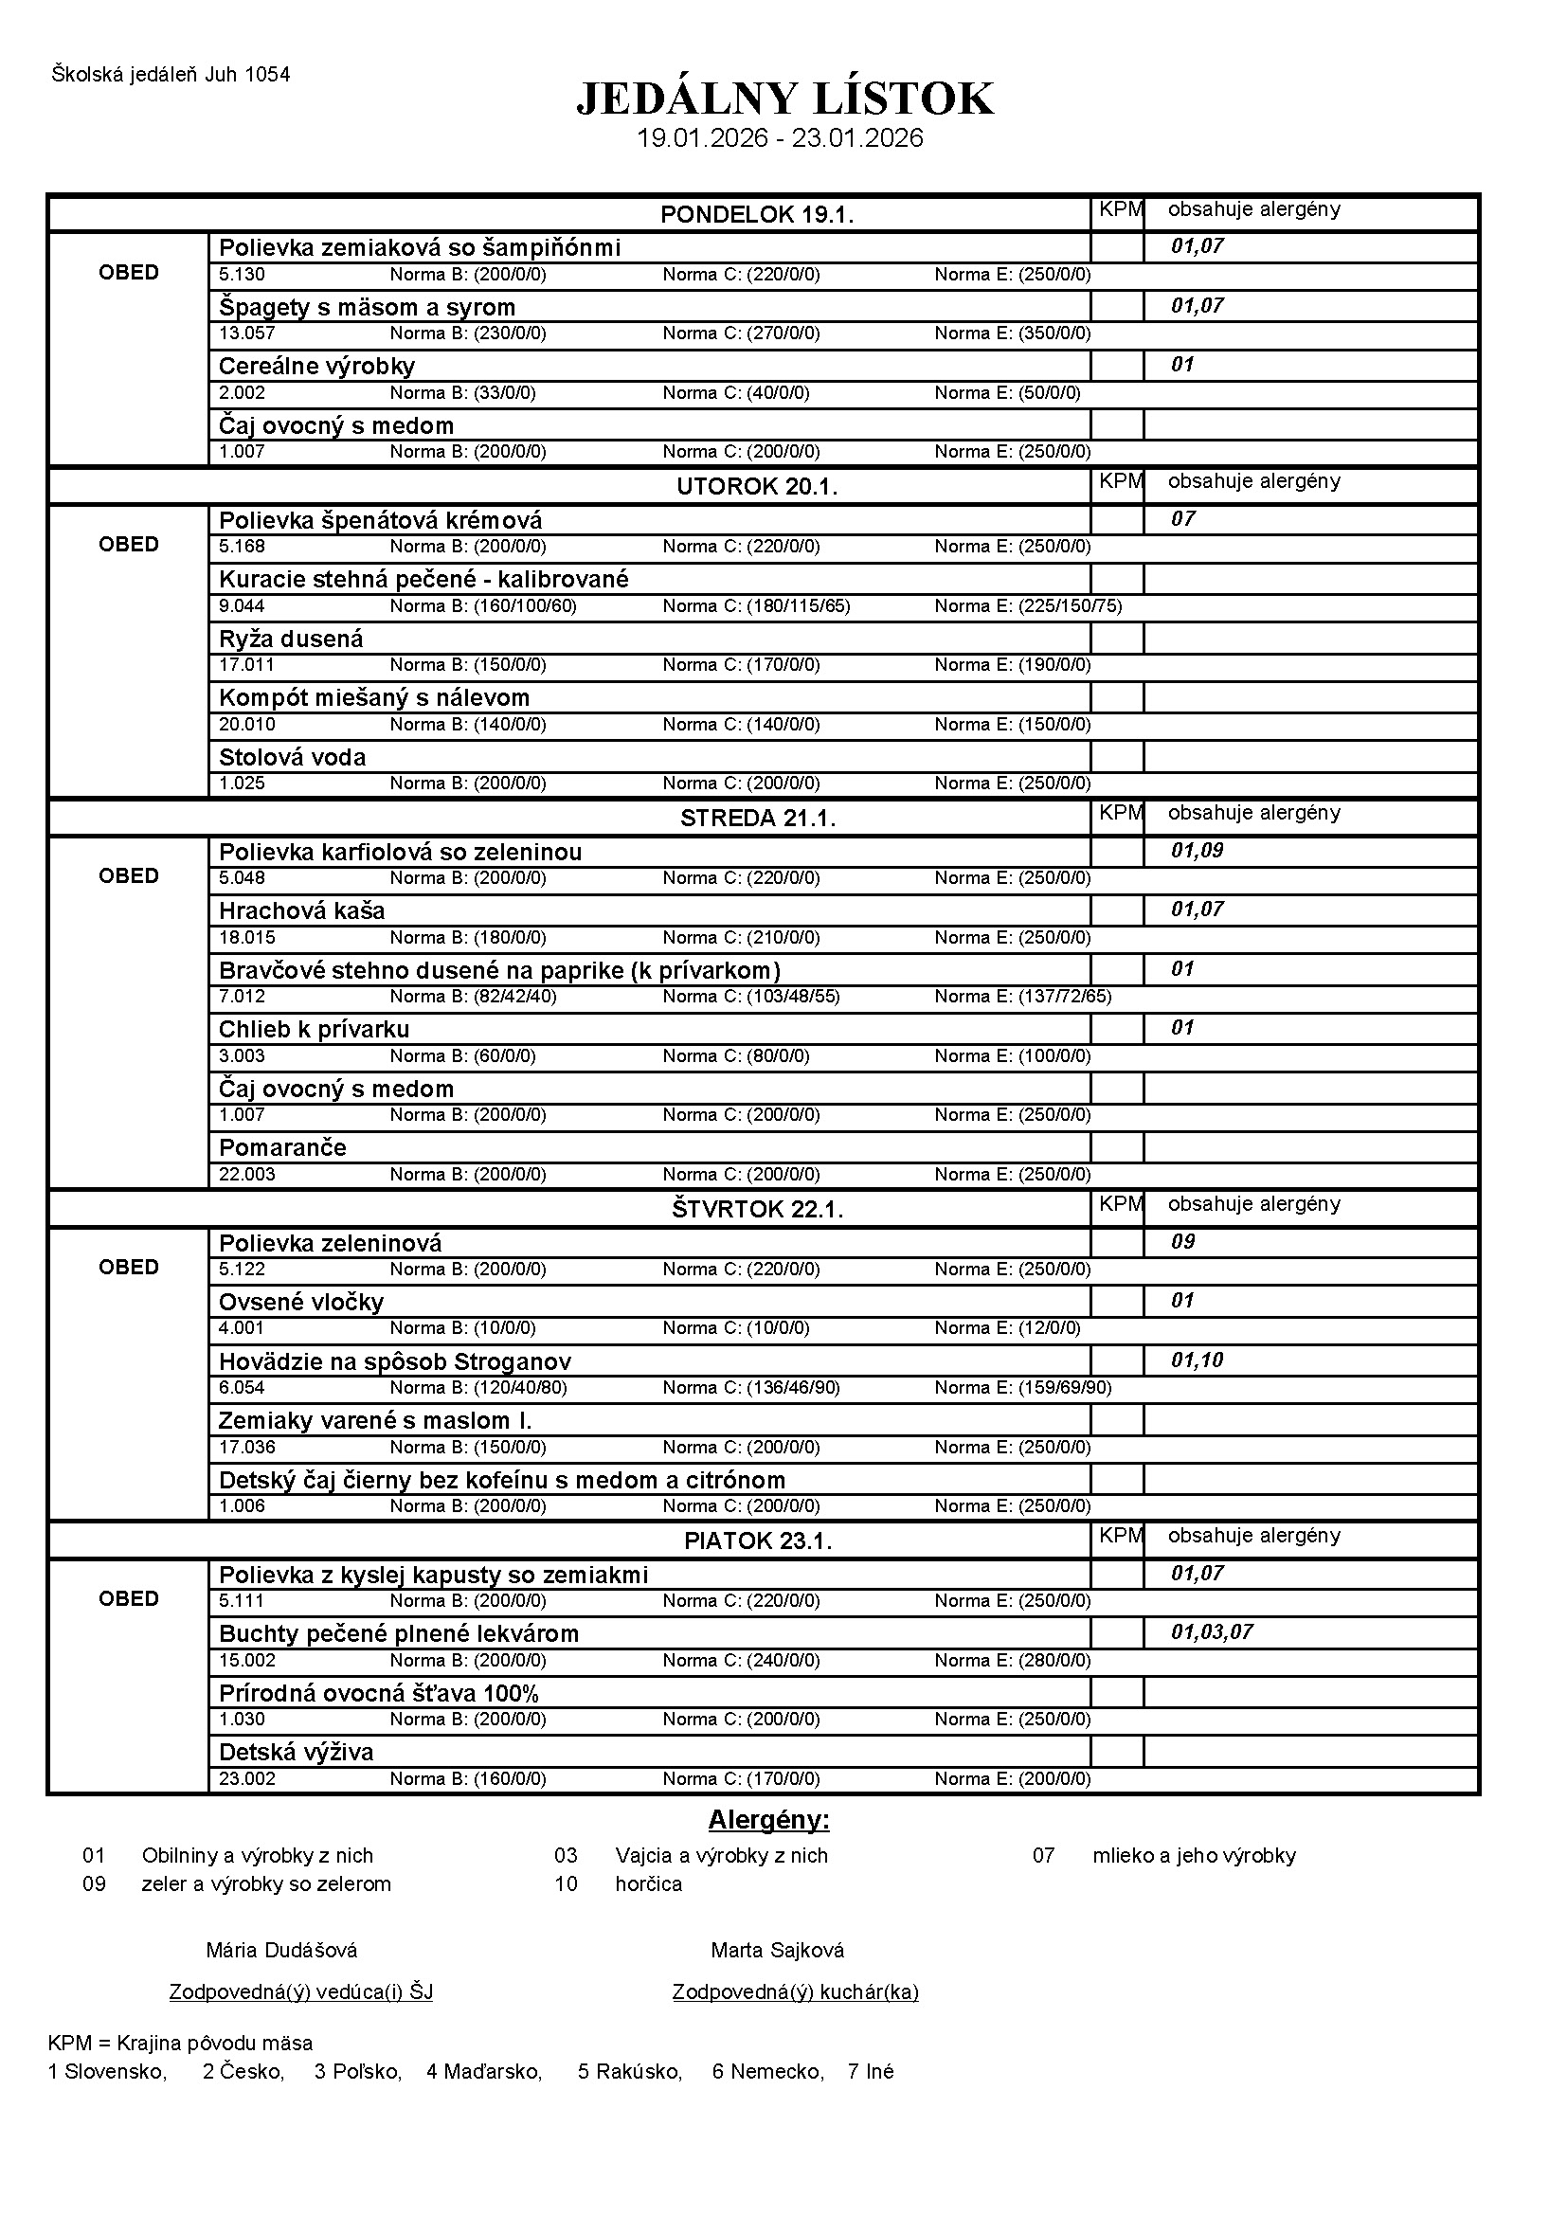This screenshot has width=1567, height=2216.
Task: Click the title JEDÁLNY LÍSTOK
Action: pyautogui.click(x=784, y=99)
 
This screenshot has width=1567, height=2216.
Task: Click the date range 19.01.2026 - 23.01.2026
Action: pyautogui.click(x=780, y=138)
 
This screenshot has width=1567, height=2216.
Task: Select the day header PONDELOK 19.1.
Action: pyautogui.click(x=756, y=214)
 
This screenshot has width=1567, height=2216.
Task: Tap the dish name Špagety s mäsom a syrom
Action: pyautogui.click(x=367, y=307)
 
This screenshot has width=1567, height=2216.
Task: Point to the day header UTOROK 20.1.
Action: pyautogui.click(x=756, y=486)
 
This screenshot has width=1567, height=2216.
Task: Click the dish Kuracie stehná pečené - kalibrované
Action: pyautogui.click(x=423, y=579)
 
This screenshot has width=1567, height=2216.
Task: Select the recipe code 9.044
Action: pyautogui.click(x=242, y=606)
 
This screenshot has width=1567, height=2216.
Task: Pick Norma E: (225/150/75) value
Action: pyautogui.click(x=1028, y=606)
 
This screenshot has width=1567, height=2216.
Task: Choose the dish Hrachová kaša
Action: pyautogui.click(x=301, y=910)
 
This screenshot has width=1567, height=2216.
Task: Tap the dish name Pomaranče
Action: pyautogui.click(x=281, y=1147)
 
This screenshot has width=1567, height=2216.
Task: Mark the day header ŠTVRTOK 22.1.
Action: pyautogui.click(x=756, y=1209)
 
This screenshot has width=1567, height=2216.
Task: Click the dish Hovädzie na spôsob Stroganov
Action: pyautogui.click(x=395, y=1361)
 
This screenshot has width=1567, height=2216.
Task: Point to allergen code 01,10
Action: pyautogui.click(x=1197, y=1360)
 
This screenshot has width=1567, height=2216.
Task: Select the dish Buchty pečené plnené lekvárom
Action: pyautogui.click(x=399, y=1634)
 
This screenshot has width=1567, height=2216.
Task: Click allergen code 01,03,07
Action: pyautogui.click(x=1211, y=1632)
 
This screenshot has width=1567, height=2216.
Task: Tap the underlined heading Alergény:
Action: pyautogui.click(x=768, y=1820)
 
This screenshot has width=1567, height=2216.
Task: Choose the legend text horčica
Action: pyautogui.click(x=648, y=1884)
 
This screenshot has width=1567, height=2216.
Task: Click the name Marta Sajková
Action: pyautogui.click(x=777, y=1951)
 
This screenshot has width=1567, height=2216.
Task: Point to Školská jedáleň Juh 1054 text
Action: pyautogui.click(x=171, y=74)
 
